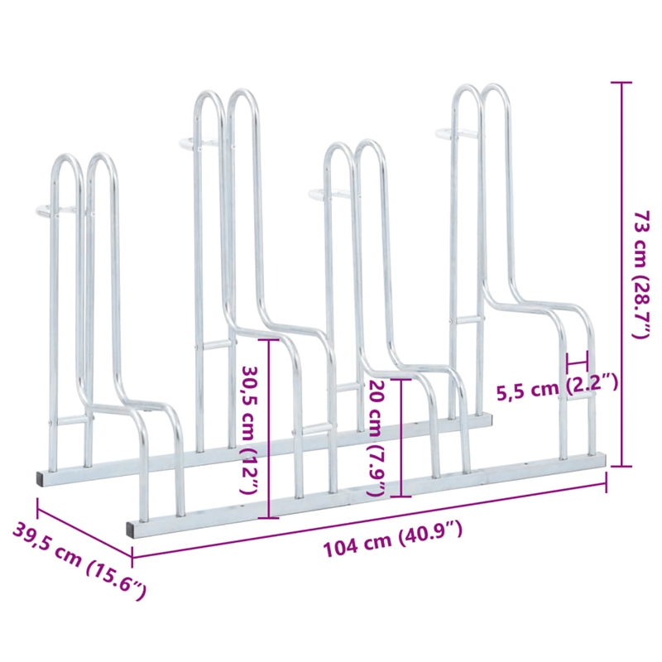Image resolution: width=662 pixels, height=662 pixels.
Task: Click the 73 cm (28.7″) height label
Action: [641, 274]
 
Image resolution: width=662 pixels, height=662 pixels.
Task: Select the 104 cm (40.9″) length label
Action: [392, 539]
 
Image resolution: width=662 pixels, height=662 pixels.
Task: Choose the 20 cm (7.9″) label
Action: [377, 438]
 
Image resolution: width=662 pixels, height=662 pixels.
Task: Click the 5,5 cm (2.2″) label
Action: [557, 387]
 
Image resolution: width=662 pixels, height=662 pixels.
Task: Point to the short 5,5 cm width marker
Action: [577, 361]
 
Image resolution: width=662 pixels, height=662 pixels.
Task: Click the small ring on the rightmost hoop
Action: [451, 131]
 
